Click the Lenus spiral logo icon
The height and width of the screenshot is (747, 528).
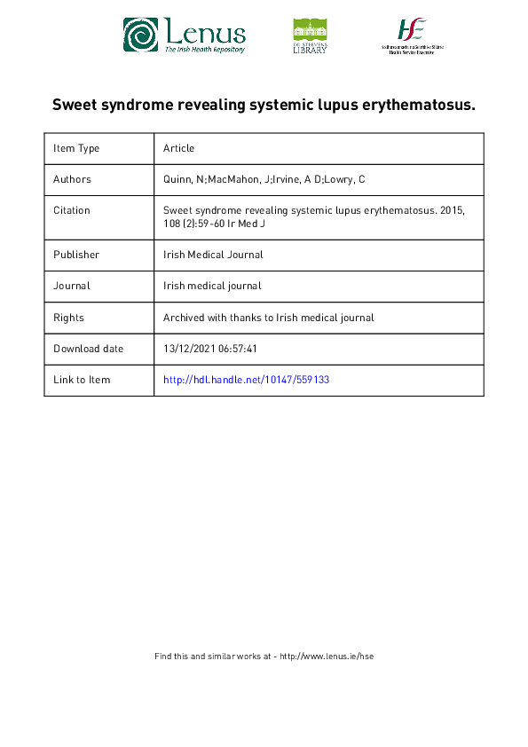(140, 35)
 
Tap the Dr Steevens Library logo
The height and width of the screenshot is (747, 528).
(310, 36)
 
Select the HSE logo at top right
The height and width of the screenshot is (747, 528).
(412, 35)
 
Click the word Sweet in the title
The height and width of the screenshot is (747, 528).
(75, 105)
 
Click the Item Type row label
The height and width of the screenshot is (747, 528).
(76, 148)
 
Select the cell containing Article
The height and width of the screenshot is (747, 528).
(178, 148)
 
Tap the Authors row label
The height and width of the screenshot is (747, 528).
(72, 179)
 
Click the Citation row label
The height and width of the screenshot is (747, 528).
(72, 210)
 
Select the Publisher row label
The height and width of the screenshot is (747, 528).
(76, 255)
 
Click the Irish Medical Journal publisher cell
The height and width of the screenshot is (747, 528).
(213, 255)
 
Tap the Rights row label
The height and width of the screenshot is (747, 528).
(68, 318)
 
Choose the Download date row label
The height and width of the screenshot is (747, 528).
(89, 349)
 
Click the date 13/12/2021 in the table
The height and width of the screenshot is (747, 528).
(189, 349)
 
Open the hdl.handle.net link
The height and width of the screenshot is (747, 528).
(247, 380)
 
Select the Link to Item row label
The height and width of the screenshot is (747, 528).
(82, 380)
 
